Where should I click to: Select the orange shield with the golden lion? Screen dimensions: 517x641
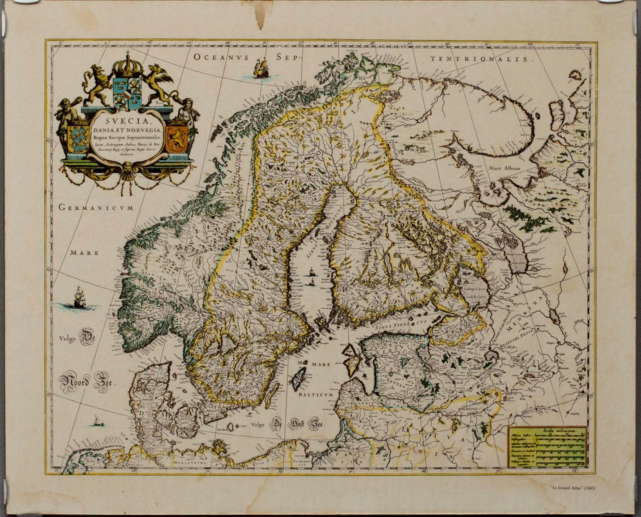[176, 139]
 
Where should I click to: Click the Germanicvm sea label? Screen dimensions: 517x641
[96, 208]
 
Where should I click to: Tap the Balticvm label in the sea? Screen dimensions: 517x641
[316, 394]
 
